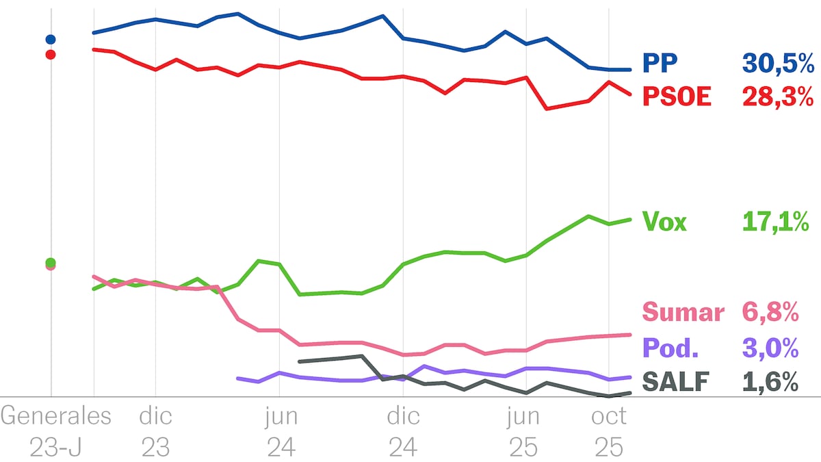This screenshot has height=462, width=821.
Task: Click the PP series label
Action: (660, 64)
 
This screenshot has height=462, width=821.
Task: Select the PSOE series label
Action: (677, 97)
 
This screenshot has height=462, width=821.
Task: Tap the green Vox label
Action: (664, 222)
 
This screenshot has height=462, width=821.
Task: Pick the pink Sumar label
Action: (683, 313)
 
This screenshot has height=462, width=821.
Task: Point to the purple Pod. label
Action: (670, 348)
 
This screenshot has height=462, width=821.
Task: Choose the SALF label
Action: (676, 382)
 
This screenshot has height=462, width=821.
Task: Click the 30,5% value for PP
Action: (778, 64)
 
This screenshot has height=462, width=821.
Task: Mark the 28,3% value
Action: (778, 97)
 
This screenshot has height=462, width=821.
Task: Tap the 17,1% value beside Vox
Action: (776, 222)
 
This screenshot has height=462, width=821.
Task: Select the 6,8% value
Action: (770, 313)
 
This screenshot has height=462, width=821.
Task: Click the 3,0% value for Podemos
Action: (770, 348)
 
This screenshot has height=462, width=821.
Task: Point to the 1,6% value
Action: (770, 382)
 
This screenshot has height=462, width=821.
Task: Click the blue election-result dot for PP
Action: (50, 40)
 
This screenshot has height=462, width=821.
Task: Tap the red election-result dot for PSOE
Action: (50, 54)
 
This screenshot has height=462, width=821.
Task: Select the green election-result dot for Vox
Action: (50, 262)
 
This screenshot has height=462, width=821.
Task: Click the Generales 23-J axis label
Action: (56, 431)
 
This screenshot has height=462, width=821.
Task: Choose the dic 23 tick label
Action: (156, 431)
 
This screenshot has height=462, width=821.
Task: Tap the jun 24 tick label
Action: (281, 431)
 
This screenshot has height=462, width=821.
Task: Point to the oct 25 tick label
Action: (608, 431)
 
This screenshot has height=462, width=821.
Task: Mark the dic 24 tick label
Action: (404, 431)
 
